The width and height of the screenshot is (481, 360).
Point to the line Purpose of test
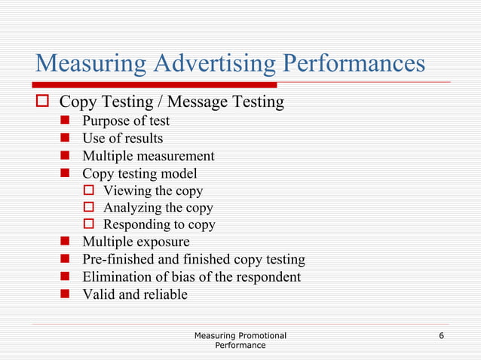tap(125, 121)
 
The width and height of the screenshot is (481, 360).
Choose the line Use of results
tap(122, 139)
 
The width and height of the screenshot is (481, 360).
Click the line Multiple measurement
tap(148, 156)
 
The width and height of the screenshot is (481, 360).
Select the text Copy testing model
tap(139, 173)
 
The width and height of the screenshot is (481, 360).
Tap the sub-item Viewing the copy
tap(153, 191)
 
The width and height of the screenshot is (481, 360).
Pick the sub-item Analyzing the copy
tap(158, 207)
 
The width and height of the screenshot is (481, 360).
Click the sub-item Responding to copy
tap(159, 224)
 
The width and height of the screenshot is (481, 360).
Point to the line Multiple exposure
tap(136, 242)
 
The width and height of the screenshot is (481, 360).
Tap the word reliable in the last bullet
tap(164, 294)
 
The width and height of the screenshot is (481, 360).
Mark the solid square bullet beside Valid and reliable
tap(66, 294)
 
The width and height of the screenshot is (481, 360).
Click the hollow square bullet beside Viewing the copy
tap(88, 191)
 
